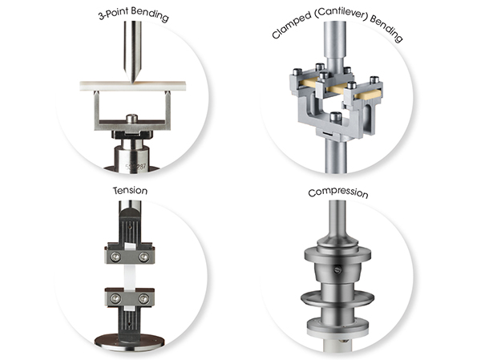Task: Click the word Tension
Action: pos(130,191)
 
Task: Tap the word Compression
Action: pos(338,192)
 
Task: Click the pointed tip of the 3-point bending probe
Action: pos(133,82)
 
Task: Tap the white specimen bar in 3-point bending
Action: pos(133,86)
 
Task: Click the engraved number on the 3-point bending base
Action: pos(135,167)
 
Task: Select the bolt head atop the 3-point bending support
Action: pos(132,119)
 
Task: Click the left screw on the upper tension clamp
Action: pos(115,257)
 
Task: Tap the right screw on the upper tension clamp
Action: pos(143,257)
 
